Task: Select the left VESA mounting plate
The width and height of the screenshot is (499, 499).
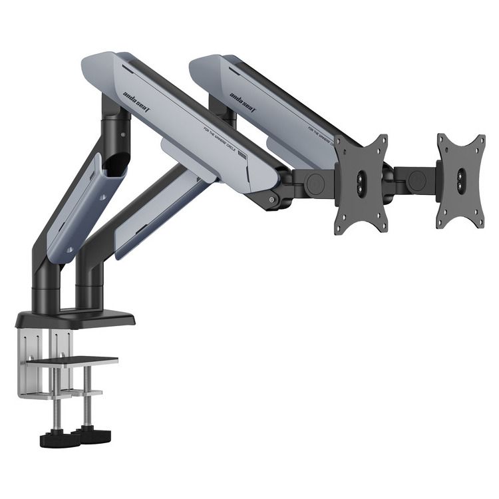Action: pos(361,183)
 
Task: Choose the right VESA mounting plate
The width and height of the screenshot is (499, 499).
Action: pos(461,180)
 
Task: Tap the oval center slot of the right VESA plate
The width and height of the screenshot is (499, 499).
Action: pos(462,180)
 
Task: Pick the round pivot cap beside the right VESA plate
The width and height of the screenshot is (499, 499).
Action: pos(417,180)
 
